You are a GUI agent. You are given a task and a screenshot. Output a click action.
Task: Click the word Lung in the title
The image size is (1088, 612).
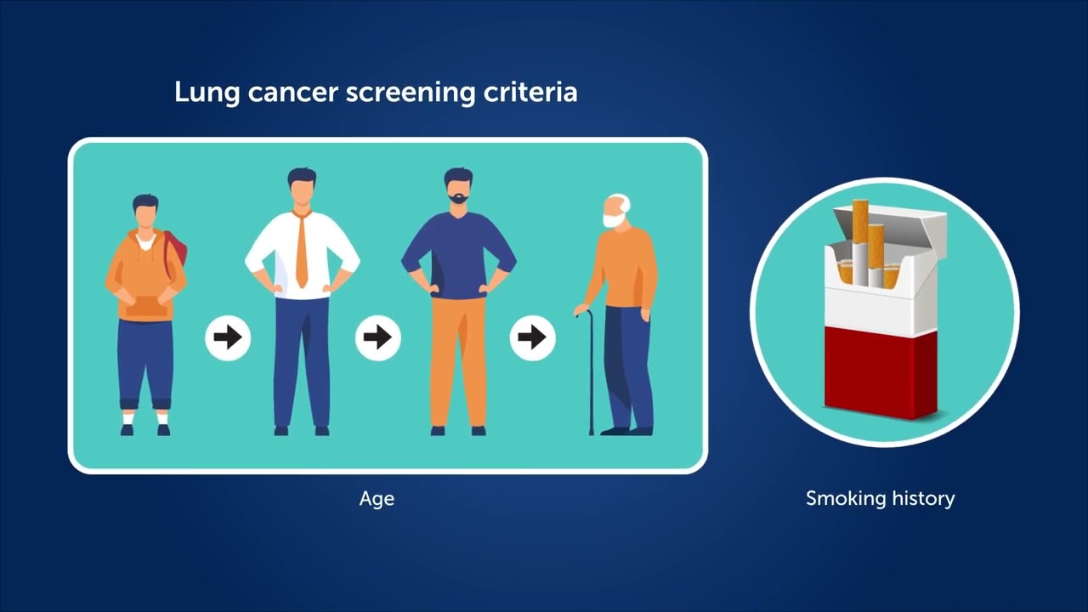tap(207, 93)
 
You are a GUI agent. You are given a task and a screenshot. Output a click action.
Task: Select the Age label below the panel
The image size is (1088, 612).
tap(377, 499)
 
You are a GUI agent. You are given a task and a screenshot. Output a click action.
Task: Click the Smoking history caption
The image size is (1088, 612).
tap(880, 498)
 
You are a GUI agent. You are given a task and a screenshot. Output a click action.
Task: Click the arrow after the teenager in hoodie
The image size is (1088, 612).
tap(228, 338)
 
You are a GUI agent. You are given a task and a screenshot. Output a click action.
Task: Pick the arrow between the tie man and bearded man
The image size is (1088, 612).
tap(378, 338)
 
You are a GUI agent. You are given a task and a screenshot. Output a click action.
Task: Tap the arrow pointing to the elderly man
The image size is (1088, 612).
tap(532, 338)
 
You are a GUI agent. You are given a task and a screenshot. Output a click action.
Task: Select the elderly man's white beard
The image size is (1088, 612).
tap(610, 220)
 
